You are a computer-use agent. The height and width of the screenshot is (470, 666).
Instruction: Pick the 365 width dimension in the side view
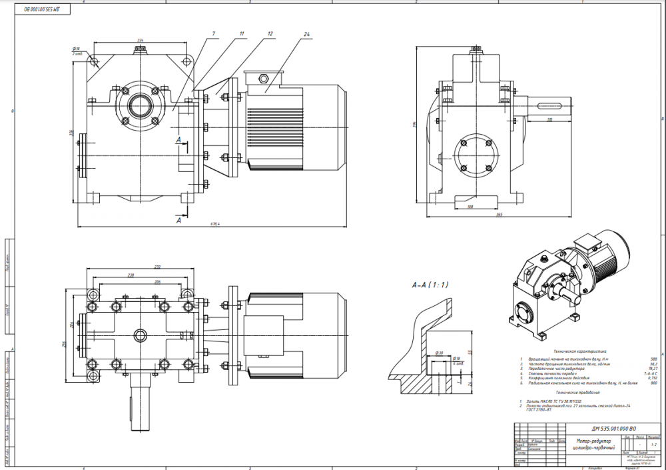(499, 214)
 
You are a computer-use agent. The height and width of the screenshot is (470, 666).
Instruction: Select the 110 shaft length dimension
(549, 119)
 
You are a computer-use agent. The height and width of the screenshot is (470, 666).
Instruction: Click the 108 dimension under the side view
(470, 207)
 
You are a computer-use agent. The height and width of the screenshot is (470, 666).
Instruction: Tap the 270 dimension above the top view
(139, 267)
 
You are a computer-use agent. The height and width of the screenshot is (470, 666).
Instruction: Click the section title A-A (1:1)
(430, 285)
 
